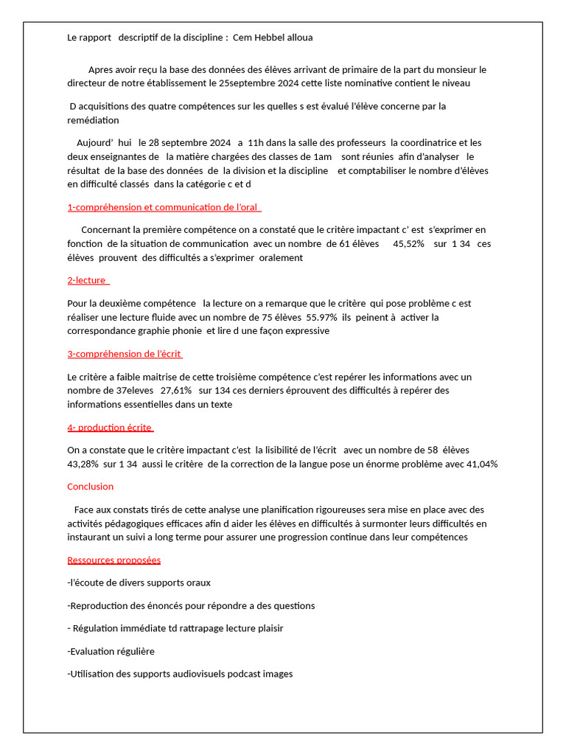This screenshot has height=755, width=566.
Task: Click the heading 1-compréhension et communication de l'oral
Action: pos(164,207)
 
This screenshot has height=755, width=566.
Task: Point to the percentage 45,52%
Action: pos(409,243)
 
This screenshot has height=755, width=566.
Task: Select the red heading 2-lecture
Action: pos(87,280)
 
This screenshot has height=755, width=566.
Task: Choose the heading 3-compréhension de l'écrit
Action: pos(125,354)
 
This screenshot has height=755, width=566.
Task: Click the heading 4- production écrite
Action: pos(110,428)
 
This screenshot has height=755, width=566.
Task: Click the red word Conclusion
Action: pos(91,487)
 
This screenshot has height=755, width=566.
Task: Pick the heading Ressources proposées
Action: pos(113,560)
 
